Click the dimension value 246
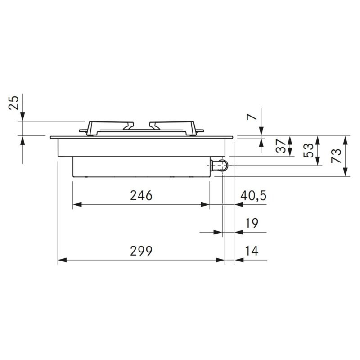(x=141, y=196)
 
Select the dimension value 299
(x=141, y=251)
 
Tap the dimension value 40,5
(x=253, y=196)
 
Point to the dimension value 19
(x=252, y=223)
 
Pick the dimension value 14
(x=252, y=251)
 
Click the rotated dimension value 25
(x=13, y=103)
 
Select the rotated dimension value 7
(x=252, y=117)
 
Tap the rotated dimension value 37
(x=281, y=146)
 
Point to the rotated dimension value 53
(x=309, y=150)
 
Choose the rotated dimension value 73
(x=336, y=156)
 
